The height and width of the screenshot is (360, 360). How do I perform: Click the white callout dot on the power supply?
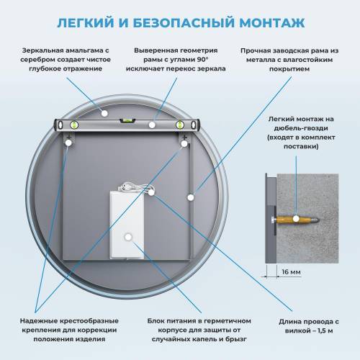(127, 236)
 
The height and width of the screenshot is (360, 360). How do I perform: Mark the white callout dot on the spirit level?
(152, 125)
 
